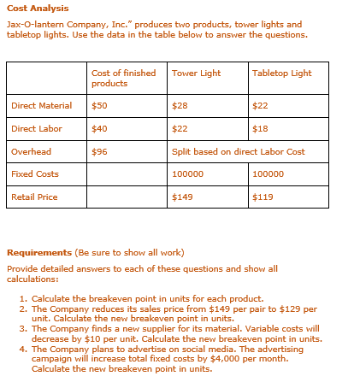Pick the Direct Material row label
click(41, 106)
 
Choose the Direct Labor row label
click(37, 129)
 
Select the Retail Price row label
click(34, 197)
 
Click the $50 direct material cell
click(99, 106)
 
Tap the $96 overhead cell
click(99, 152)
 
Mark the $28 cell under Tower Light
click(180, 106)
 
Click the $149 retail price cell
click(181, 197)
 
